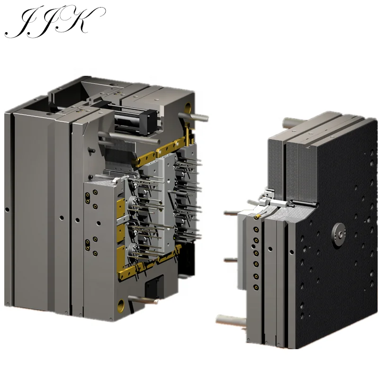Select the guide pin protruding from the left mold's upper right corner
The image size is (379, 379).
199,115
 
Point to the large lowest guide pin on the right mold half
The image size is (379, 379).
231,321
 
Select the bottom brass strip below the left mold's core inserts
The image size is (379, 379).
142,271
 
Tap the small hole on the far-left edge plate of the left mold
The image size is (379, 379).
7,209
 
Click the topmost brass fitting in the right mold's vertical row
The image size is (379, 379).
256,228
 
